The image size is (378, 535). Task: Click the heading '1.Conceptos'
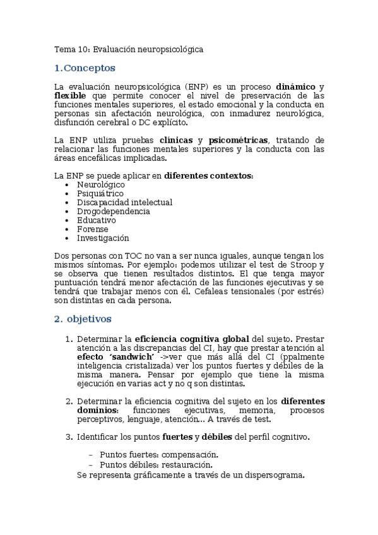click(85, 68)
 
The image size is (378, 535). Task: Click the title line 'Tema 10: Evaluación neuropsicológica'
click(129, 49)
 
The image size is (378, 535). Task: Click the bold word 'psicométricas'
click(240, 140)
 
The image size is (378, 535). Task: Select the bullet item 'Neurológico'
click(100, 185)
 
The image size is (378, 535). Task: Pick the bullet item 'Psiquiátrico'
click(100, 194)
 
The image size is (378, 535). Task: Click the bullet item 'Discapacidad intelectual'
click(124, 203)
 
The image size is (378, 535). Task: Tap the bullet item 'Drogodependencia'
click(113, 211)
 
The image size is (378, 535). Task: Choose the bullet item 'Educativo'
click(96, 220)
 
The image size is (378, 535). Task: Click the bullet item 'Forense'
click(93, 230)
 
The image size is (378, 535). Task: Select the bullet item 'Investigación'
click(103, 238)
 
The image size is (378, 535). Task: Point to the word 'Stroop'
click(310, 266)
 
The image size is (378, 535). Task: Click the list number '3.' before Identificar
click(69, 437)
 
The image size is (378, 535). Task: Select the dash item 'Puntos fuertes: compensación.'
click(159, 454)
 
